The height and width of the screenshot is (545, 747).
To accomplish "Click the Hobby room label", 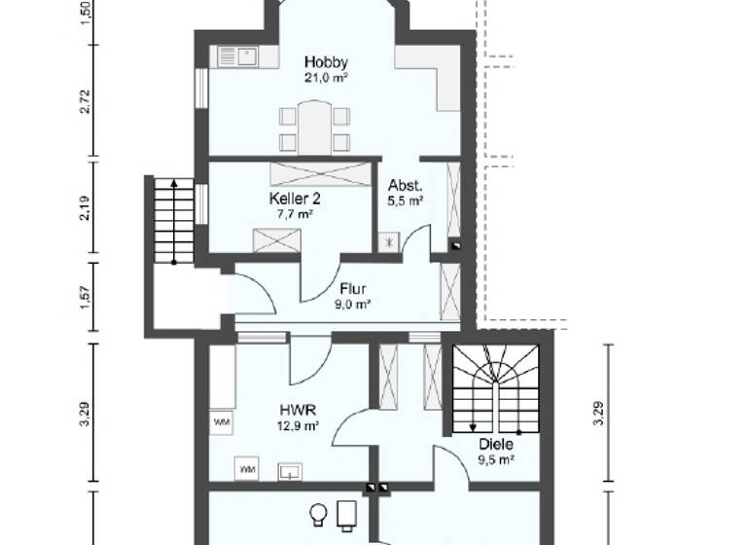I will [x=325, y=62].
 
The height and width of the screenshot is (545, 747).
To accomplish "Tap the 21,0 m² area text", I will [x=325, y=78].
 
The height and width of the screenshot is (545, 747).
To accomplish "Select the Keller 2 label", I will [x=295, y=199].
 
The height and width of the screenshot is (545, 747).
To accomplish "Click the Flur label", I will [x=352, y=288].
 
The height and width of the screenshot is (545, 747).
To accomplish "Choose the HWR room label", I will [x=298, y=410].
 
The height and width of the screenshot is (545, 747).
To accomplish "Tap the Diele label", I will [x=495, y=445].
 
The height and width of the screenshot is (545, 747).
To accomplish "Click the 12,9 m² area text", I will [x=299, y=426].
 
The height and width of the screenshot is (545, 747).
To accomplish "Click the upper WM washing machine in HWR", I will [x=220, y=421].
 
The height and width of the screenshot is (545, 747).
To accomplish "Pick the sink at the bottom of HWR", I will [x=290, y=470].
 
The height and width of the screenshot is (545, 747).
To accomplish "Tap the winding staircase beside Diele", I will [x=496, y=389].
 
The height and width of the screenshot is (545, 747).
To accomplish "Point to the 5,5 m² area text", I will [x=406, y=201].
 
